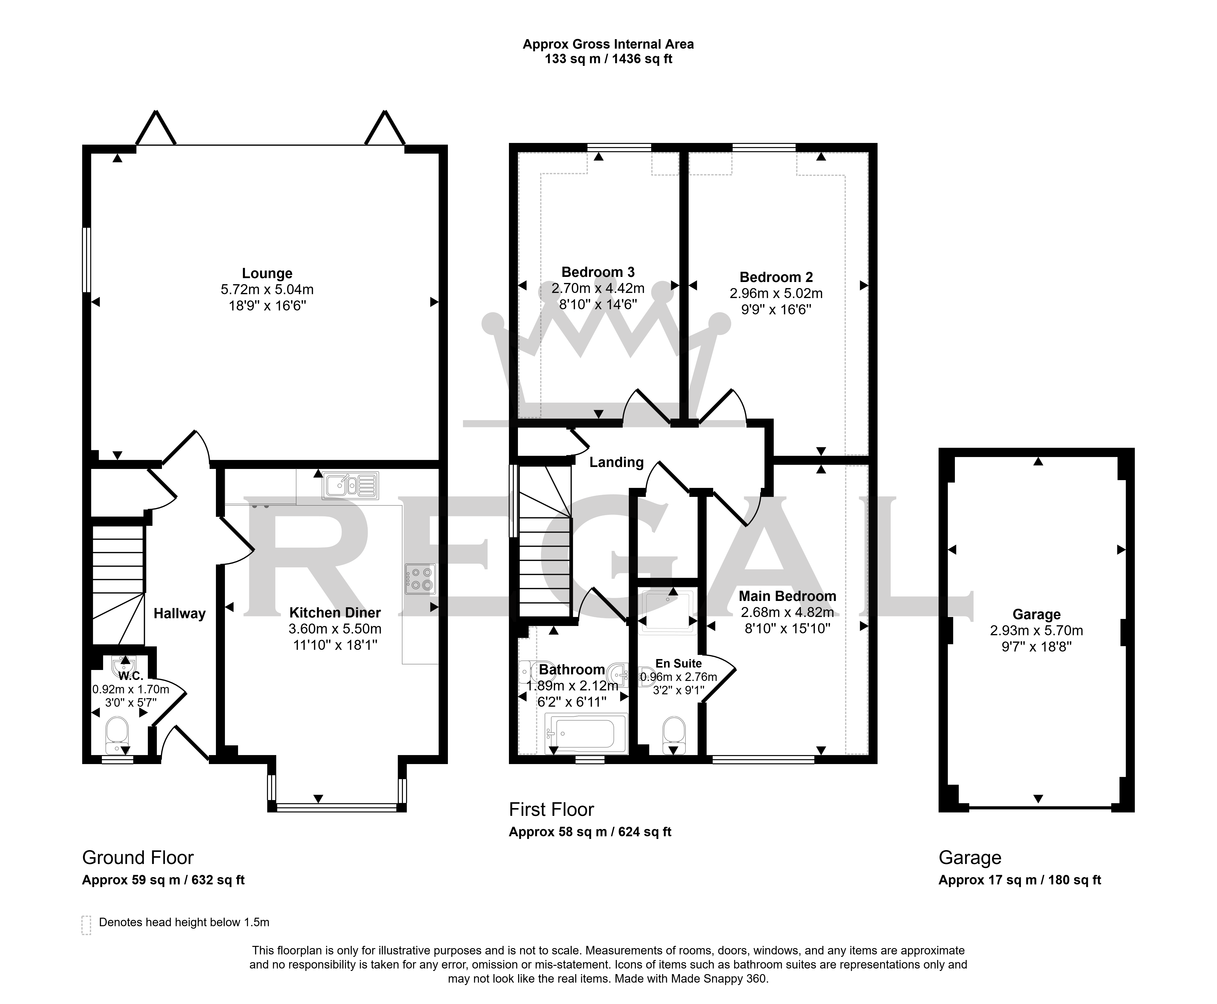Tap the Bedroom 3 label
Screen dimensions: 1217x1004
click(598, 272)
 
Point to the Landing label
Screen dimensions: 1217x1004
click(617, 462)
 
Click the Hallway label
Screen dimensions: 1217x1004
click(179, 614)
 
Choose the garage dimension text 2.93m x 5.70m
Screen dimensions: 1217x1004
click(1037, 631)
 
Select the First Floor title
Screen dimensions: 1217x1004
click(551, 810)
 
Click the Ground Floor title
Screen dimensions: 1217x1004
click(138, 858)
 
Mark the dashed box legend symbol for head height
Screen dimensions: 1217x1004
click(87, 925)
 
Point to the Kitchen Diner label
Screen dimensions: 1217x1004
click(335, 612)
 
